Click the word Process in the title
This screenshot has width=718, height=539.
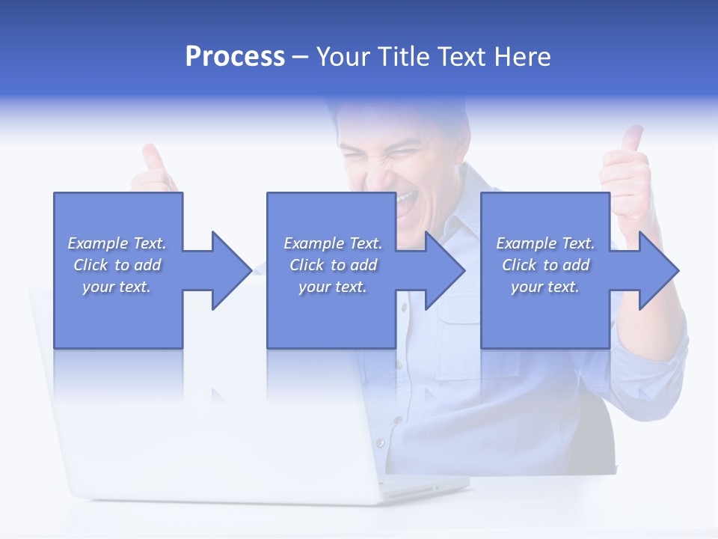point(235,57)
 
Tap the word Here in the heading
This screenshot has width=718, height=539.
point(524,57)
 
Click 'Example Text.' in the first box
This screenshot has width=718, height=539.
point(117,243)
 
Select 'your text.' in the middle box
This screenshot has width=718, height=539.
point(332,287)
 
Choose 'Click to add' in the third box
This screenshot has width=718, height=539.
point(545,265)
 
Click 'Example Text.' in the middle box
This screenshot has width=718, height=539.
point(332,243)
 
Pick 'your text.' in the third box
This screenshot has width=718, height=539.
point(545,287)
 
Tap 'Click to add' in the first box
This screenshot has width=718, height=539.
point(117,265)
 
